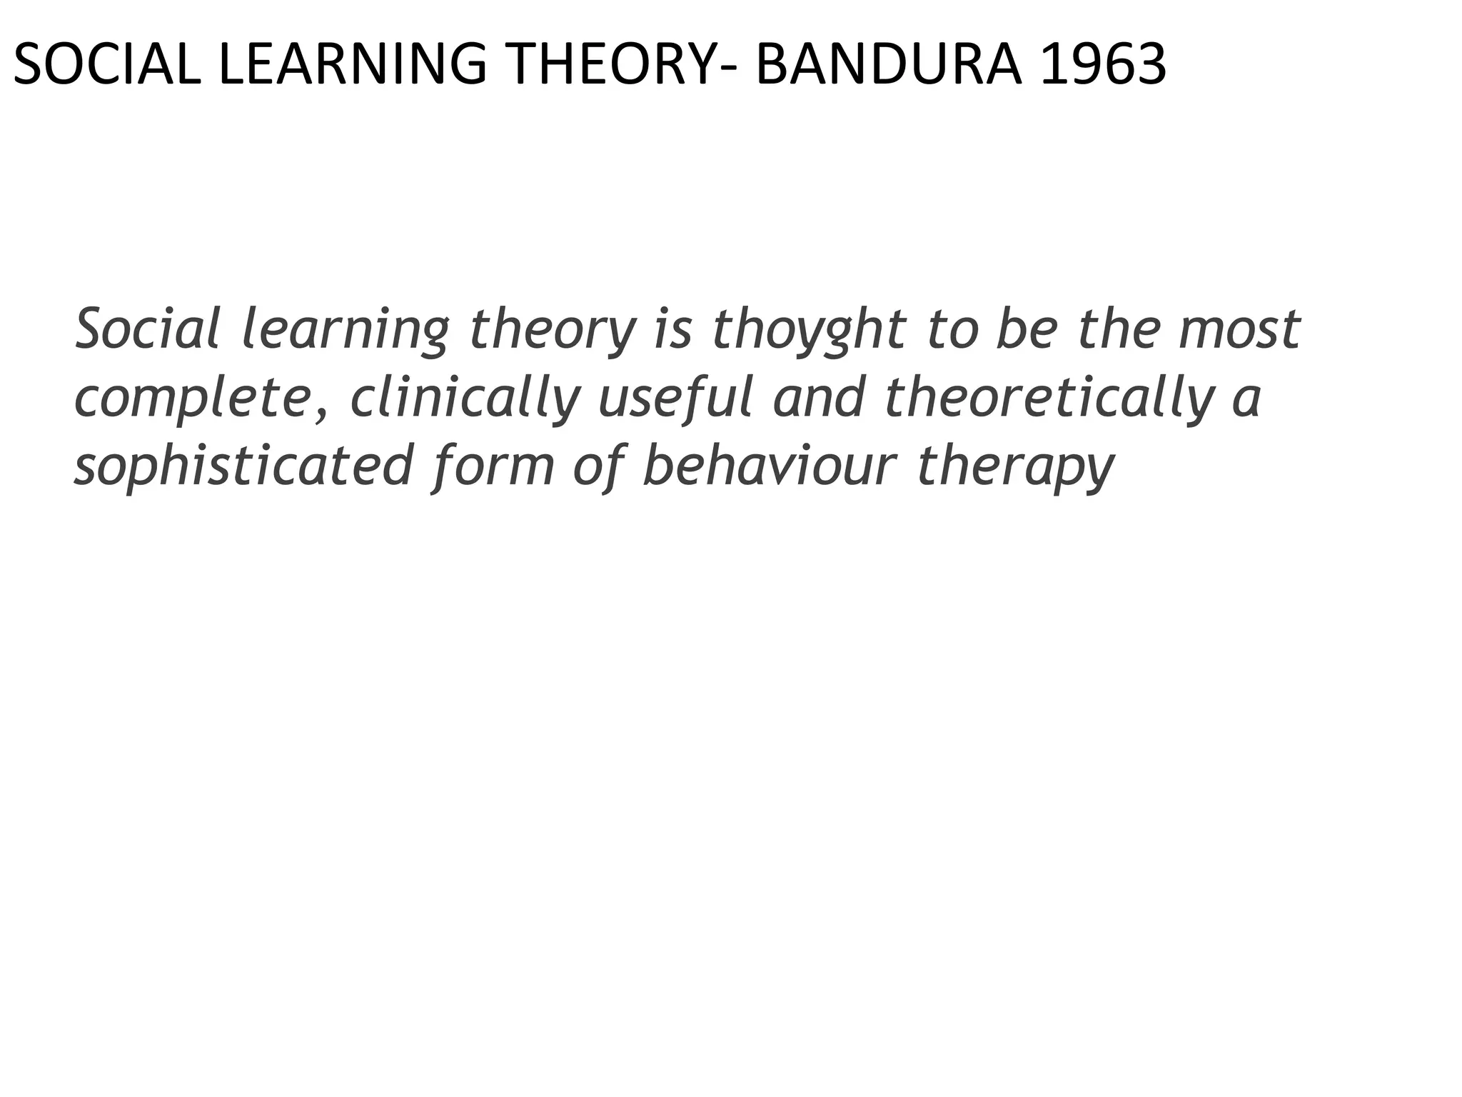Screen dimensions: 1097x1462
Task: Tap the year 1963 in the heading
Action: point(1103,65)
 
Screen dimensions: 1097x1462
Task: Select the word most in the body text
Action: point(1239,330)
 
